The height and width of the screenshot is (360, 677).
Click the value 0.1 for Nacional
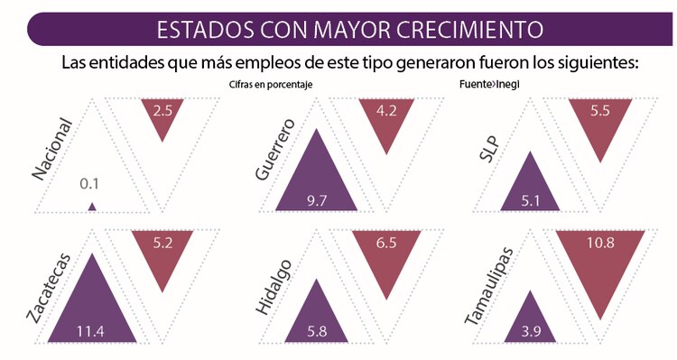click(89, 184)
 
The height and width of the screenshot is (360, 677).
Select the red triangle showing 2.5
click(163, 115)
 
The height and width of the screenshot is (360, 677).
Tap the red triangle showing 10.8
click(600, 262)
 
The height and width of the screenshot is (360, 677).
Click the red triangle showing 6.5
click(386, 253)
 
